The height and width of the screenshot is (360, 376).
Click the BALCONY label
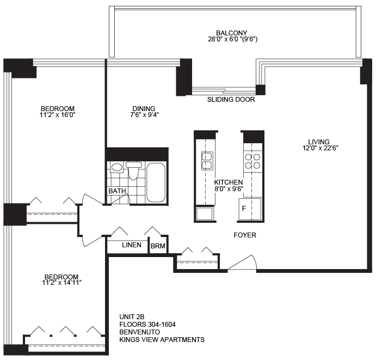231,33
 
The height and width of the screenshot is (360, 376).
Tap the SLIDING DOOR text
231,99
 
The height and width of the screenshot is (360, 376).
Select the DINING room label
144,109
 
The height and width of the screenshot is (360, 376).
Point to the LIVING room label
319,142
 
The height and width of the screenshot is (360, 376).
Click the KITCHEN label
229,182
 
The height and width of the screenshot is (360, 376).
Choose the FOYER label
245,235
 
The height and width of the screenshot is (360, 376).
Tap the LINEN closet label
132,245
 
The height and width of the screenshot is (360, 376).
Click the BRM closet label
158,246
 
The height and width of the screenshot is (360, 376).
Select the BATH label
117,191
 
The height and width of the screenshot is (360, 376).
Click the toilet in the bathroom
134,170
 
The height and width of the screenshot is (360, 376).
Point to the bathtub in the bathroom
156,182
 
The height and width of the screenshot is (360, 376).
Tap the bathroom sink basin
117,167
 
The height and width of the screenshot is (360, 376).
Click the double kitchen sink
207,161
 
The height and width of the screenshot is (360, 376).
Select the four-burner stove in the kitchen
252,161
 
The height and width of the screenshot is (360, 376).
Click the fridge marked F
250,209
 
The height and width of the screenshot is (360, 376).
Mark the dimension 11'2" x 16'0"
58,115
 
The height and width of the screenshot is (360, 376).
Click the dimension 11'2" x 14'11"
62,283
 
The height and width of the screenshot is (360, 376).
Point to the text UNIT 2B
132,317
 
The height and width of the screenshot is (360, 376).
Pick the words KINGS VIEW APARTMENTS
162,340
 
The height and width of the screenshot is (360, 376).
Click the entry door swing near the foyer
242,263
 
